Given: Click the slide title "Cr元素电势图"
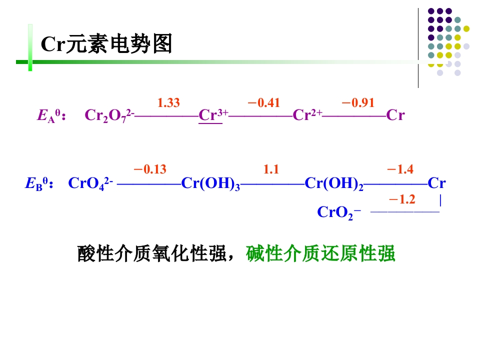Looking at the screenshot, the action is click(x=106, y=44).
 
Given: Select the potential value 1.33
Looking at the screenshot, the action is click(x=168, y=103).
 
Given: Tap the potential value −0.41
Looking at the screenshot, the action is click(x=263, y=103).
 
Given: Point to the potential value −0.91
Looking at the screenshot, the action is click(x=358, y=103).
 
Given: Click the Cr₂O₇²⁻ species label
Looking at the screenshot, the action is click(x=109, y=116).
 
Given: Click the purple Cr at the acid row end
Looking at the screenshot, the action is click(x=395, y=115).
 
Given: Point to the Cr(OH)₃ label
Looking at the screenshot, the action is click(x=210, y=184).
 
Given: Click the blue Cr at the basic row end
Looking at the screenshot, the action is click(x=437, y=183).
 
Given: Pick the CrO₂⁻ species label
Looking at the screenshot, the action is click(x=339, y=213).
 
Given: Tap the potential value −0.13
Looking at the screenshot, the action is click(x=150, y=169).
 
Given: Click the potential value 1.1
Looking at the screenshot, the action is click(x=271, y=169).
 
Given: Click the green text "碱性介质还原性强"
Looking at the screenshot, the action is click(x=320, y=254).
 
